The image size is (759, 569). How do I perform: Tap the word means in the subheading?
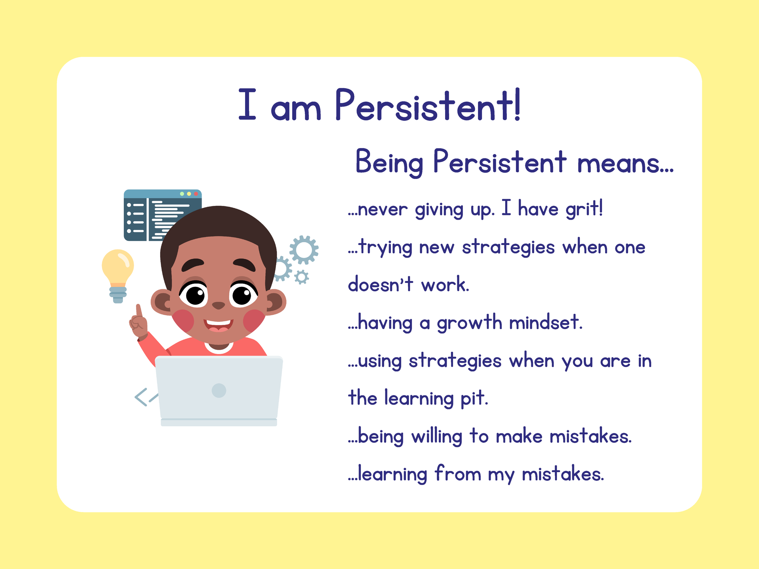(x=625, y=163)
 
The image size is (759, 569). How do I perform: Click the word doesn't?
(x=380, y=284)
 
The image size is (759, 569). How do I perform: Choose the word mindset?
(x=546, y=322)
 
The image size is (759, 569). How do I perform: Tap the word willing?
(x=437, y=437)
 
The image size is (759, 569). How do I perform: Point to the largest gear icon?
(x=304, y=250)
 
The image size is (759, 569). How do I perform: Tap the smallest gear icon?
(x=302, y=277)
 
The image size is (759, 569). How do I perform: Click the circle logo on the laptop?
(x=219, y=390)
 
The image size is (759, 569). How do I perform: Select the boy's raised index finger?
(x=139, y=311)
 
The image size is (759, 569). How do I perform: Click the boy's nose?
(x=219, y=305)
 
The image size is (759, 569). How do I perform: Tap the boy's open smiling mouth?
(x=219, y=326)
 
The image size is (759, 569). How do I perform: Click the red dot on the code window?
(x=196, y=194)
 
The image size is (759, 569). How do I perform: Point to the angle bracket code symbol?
(x=142, y=397)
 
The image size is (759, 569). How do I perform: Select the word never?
(x=382, y=209)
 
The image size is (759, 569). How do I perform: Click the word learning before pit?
(x=419, y=398)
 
